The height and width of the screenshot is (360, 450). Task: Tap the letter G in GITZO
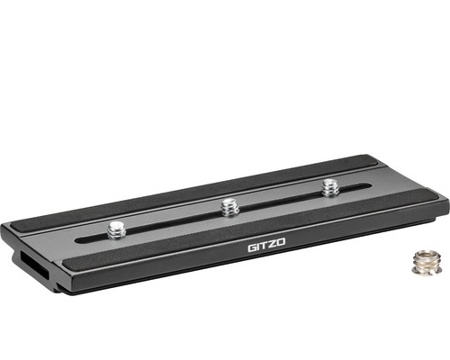coord(252,246)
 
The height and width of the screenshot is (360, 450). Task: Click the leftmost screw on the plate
coord(115,229)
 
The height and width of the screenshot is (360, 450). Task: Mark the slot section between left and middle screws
coord(171,221)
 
